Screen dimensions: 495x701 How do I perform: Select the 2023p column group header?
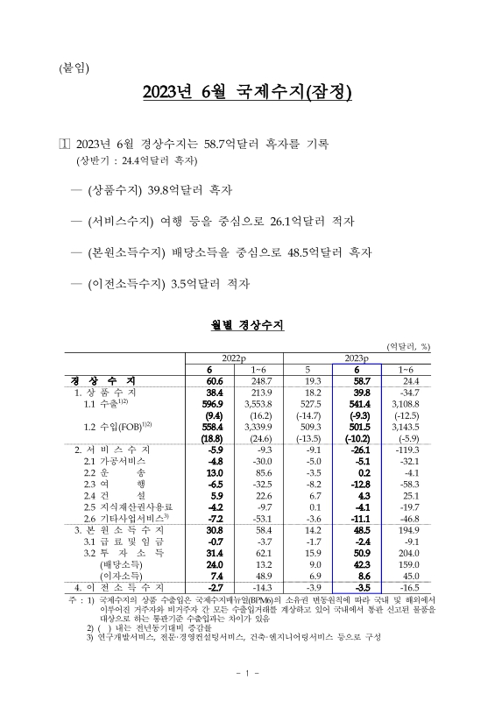[356, 358]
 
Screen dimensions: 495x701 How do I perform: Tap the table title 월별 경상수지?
[247, 325]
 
